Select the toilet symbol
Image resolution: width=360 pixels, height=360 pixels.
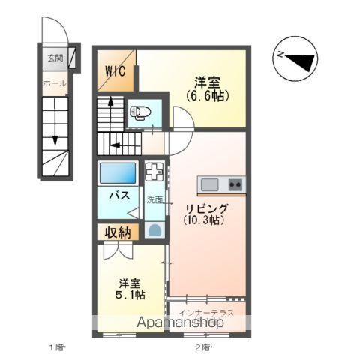click(x=140, y=113)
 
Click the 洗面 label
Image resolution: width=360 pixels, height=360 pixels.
click(x=154, y=199)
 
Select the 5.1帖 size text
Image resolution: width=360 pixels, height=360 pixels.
click(x=129, y=295)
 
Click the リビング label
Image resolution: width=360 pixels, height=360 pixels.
click(x=206, y=208)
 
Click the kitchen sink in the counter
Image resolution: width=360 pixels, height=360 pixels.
click(x=209, y=184)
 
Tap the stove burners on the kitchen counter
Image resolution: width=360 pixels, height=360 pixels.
click(x=235, y=184)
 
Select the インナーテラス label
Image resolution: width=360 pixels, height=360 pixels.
click(x=205, y=310)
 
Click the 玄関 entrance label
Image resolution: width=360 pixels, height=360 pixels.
click(x=54, y=57)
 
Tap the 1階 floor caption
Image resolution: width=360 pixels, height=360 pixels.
click(x=58, y=347)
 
